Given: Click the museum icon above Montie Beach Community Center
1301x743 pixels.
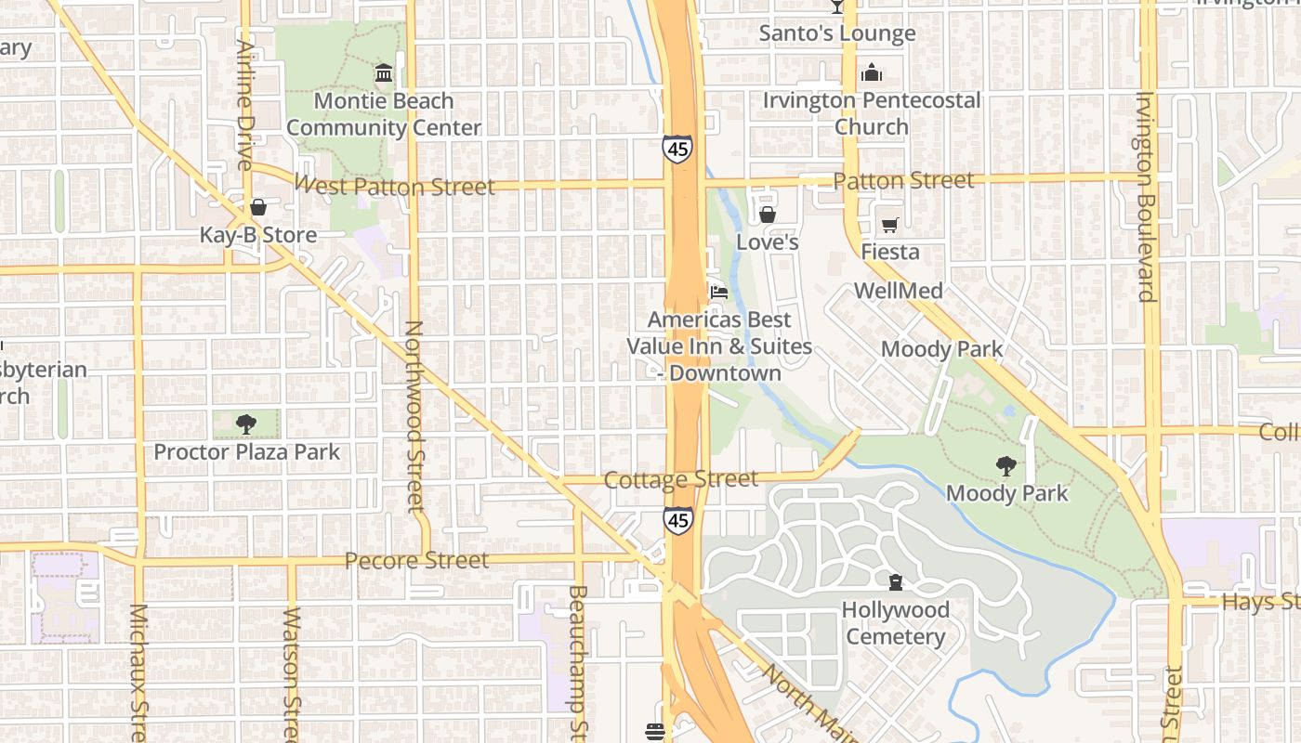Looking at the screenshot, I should (383, 72).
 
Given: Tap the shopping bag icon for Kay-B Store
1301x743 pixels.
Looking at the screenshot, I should (258, 207).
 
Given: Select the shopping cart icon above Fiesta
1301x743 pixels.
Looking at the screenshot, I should (889, 225).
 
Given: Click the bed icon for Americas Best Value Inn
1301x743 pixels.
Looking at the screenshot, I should (719, 293).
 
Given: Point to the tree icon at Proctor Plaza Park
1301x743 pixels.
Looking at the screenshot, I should (246, 424).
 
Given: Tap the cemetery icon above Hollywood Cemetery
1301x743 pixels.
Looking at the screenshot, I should (896, 582).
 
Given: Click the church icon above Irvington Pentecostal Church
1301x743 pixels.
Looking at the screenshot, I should (872, 72).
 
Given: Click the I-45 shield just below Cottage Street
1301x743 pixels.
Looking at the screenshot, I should (679, 521).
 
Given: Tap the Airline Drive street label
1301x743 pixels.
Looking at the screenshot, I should (245, 104).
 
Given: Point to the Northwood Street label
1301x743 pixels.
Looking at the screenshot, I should (414, 416).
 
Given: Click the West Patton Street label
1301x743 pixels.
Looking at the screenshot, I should (394, 186).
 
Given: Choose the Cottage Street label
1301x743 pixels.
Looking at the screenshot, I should (681, 479).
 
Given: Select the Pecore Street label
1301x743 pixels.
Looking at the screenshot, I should (416, 560).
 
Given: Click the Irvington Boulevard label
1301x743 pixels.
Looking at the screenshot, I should (1145, 197).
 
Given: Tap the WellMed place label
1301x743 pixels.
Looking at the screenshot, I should (898, 291).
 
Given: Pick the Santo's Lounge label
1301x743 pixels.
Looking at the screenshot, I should (837, 33).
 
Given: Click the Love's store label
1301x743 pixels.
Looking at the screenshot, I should (768, 242).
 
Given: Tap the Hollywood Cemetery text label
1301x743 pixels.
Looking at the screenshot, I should (896, 623).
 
